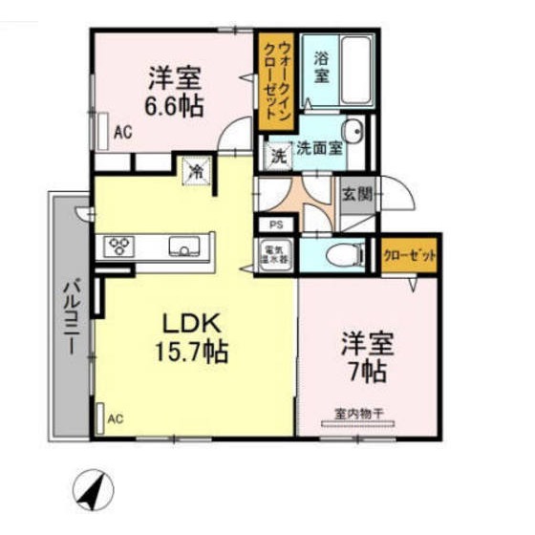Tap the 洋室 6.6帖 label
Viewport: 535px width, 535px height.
tap(175, 91)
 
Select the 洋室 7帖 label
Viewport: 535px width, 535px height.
tap(366, 355)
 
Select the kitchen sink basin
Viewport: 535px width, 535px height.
tap(184, 246)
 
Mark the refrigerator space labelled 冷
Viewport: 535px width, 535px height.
tap(196, 172)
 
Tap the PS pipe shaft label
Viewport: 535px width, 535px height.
tap(276, 225)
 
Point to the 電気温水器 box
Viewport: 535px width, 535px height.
tap(276, 254)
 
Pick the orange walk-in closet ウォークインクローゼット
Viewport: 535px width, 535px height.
tap(274, 81)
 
